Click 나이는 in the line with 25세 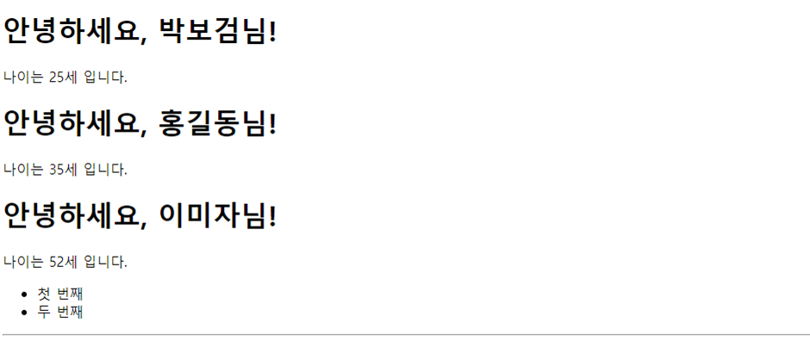tap(24, 78)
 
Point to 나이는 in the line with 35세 tap(24, 170)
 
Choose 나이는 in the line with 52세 tap(24, 262)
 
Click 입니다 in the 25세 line tap(105, 78)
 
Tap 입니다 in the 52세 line tap(105, 262)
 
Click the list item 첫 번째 tap(60, 295)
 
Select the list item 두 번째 tap(60, 312)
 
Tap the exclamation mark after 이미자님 tap(272, 216)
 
